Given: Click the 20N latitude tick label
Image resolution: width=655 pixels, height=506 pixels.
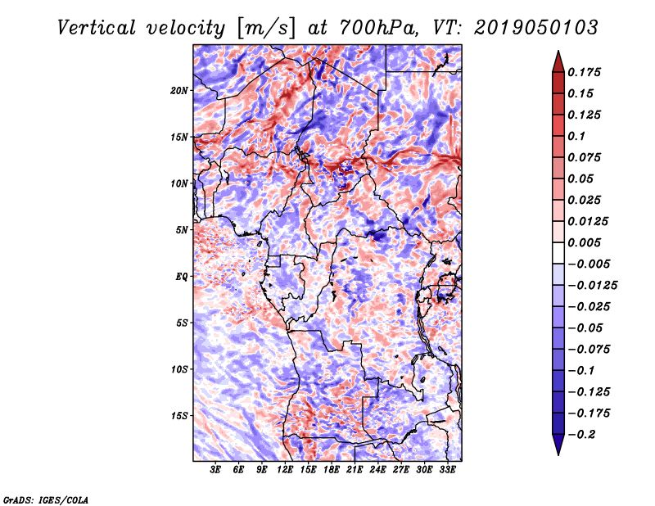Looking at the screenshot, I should pos(179,90).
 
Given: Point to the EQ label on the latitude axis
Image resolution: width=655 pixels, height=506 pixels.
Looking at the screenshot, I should pos(182,277).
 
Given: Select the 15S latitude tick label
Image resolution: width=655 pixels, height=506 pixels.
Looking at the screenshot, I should pos(179,416).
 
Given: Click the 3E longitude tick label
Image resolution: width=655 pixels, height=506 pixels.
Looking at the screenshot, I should pos(216,470).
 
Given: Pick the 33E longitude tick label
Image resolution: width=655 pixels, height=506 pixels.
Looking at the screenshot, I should pos(447,470).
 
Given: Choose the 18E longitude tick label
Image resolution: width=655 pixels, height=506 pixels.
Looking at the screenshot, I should pos(332,470).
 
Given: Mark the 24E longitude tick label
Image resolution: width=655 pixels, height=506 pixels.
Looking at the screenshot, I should pos(377,470).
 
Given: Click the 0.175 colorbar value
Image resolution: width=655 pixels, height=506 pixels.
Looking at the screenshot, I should pos(585,72).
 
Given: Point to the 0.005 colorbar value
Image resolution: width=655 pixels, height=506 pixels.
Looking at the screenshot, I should pos(585,242).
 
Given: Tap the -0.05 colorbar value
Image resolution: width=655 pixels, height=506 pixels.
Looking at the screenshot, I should pos(586,328).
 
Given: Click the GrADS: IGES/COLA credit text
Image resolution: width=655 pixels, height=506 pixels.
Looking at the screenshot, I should pos(46,499).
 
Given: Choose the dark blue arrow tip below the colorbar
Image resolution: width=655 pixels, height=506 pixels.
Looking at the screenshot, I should pos(558,447).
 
